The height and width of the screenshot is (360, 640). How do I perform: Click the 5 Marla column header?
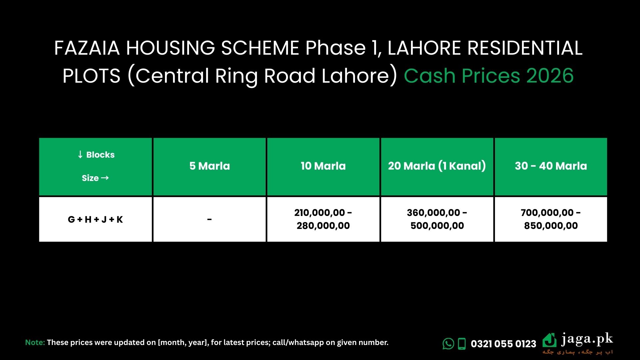(210, 166)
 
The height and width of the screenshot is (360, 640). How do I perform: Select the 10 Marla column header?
(323, 166)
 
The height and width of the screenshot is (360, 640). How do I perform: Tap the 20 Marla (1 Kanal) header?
(437, 166)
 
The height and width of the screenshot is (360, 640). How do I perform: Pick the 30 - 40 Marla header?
(551, 166)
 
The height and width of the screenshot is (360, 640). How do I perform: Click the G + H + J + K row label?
(95, 219)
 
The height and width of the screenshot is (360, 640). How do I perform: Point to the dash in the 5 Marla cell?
(209, 219)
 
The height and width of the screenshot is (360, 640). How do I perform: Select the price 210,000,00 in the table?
(320, 213)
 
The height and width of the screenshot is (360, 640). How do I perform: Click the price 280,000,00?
(323, 226)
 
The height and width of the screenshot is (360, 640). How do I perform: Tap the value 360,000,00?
(434, 213)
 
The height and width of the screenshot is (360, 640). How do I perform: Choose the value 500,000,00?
(437, 226)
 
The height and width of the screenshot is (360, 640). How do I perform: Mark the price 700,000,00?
(547, 213)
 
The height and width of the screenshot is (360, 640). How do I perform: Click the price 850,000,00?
(551, 226)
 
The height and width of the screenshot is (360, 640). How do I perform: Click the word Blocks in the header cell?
(100, 155)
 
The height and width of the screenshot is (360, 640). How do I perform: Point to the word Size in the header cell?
(90, 178)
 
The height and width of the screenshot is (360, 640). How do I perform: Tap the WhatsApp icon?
(448, 344)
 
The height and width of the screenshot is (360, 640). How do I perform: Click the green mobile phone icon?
(462, 344)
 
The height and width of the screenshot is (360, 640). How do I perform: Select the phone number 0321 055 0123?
(503, 344)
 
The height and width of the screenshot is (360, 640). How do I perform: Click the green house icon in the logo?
(550, 340)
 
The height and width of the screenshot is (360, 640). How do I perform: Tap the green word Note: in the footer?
(35, 342)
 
